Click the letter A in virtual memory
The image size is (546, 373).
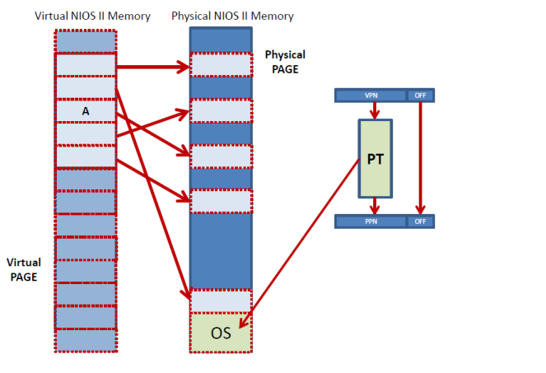point(85,110)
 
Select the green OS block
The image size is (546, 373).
point(221,333)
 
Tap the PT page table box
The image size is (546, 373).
point(375,158)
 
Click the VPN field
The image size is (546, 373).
point(370,96)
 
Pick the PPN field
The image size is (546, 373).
point(370,221)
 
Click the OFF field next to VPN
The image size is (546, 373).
point(420,96)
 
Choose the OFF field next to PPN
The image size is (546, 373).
point(420,221)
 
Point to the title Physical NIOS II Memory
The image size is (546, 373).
point(232,16)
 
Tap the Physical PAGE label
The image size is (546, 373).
point(285,62)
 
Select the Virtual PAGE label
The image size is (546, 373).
point(23,269)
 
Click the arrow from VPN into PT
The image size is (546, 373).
point(375,111)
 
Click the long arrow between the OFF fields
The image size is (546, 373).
point(420,156)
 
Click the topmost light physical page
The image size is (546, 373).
point(221,64)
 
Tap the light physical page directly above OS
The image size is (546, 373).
point(221,301)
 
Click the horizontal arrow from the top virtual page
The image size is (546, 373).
point(152,65)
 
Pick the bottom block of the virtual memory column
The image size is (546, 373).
point(86,339)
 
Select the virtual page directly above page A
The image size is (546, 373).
point(86,87)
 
